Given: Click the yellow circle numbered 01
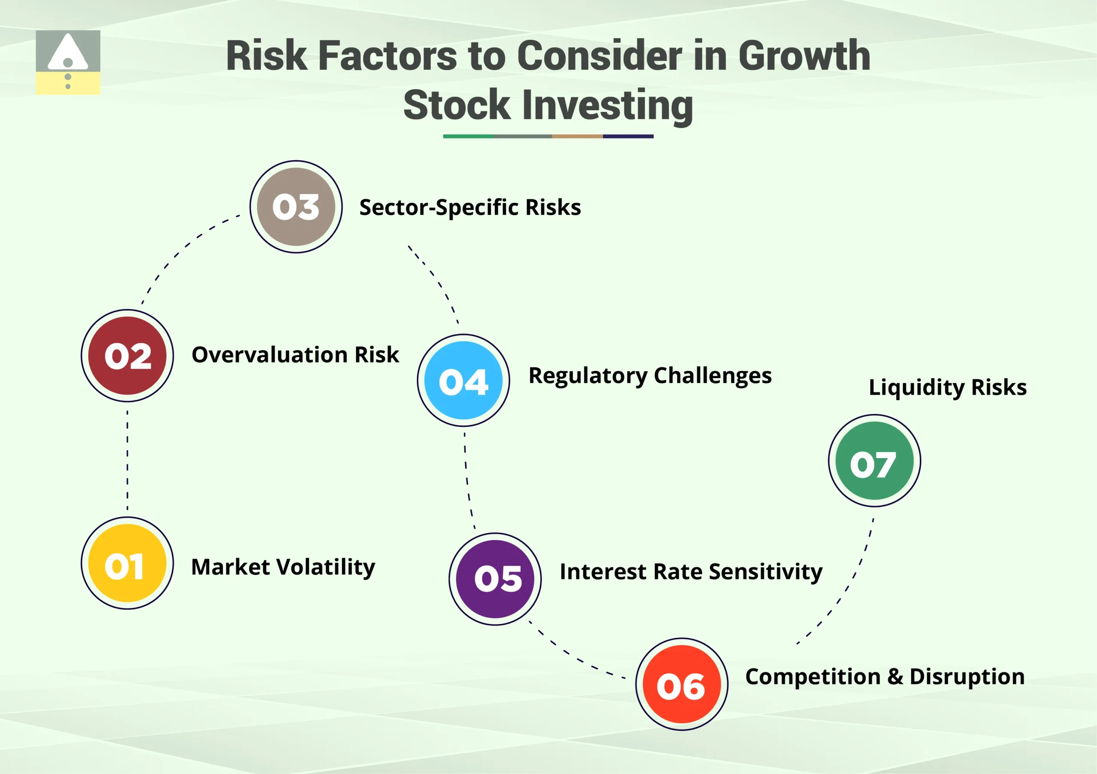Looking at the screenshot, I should pos(127,563).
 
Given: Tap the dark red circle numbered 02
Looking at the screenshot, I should pos(127,355).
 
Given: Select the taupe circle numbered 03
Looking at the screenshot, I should pos(296,207).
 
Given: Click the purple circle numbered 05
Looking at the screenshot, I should pos(495,579).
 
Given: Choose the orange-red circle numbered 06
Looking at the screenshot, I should pos(682,684).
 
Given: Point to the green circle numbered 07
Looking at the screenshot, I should pos(874,461).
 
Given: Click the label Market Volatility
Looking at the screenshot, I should pos(283,567).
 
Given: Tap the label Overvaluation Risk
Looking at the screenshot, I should pos(295,355).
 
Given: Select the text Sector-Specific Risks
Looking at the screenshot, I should pos(470,207).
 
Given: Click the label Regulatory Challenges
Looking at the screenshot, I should pos(650,375).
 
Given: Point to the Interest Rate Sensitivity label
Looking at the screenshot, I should pos(691,572).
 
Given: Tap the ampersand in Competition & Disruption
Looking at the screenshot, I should pos(894,677).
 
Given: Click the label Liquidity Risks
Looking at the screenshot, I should pos(947,387).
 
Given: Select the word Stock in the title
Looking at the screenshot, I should pos(457,105).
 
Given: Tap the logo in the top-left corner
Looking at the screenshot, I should pos(68,62).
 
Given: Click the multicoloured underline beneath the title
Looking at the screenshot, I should pos(548,136).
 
